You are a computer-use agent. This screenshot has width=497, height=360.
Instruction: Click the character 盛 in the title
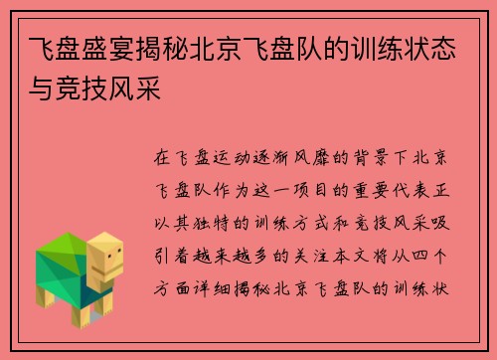tap(95, 49)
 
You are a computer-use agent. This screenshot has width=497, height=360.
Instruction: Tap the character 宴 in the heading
tap(122, 49)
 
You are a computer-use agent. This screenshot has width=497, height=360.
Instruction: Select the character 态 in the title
tap(443, 49)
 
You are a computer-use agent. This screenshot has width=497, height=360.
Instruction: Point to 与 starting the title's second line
tap(42, 89)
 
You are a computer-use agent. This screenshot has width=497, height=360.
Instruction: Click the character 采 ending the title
tap(149, 89)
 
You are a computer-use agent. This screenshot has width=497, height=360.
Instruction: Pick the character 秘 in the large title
tap(176, 49)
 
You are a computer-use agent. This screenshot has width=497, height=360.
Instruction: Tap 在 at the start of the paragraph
tap(162, 157)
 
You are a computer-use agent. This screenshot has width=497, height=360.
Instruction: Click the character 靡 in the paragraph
tap(321, 157)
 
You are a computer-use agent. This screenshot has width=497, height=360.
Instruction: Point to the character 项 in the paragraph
tap(301, 190)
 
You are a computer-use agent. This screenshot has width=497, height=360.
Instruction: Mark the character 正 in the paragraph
tap(440, 190)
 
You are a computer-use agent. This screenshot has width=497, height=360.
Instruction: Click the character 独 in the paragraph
tap(202, 223)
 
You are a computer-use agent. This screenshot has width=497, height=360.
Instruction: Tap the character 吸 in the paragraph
tap(440, 223)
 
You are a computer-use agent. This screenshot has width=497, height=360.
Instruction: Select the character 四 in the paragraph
tap(420, 256)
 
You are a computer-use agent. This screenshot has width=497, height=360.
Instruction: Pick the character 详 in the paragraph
tap(202, 288)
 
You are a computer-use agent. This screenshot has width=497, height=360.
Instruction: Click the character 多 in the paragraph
tap(261, 256)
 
